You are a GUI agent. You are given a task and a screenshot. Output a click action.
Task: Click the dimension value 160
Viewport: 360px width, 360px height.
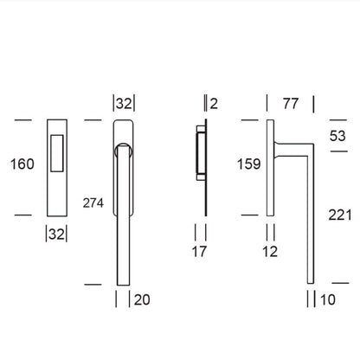click(x=22, y=164)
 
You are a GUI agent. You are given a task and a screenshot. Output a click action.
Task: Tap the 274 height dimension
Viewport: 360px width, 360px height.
click(x=93, y=203)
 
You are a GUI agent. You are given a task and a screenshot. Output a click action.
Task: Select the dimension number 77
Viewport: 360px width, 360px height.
click(x=291, y=104)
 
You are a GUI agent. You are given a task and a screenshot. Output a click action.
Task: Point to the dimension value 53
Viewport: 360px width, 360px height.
click(x=337, y=136)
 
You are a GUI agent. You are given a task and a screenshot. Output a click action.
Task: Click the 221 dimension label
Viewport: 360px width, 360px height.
click(x=340, y=215)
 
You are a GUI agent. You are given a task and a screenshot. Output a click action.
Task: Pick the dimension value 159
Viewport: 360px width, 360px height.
click(x=249, y=164)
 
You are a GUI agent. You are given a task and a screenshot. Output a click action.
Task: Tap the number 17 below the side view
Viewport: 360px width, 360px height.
click(x=200, y=252)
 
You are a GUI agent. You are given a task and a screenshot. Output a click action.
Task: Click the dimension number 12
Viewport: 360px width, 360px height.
click(x=270, y=252)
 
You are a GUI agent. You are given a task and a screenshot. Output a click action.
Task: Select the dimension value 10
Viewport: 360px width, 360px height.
click(x=328, y=299)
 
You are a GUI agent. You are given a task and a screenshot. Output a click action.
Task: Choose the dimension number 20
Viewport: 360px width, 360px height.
click(x=142, y=299)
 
